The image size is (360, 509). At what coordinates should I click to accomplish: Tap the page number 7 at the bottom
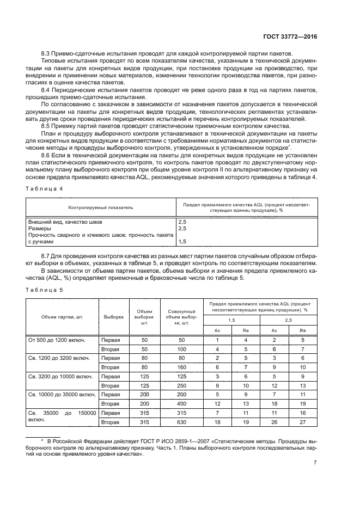point(315,463)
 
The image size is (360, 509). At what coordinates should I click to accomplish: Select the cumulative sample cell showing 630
point(181,422)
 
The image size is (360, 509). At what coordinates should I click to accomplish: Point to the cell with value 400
point(181,403)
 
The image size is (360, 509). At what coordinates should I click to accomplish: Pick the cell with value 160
point(181,367)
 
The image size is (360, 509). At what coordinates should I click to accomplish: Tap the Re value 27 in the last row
point(303,422)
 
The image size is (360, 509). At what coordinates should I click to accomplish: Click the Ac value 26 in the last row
point(274,422)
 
